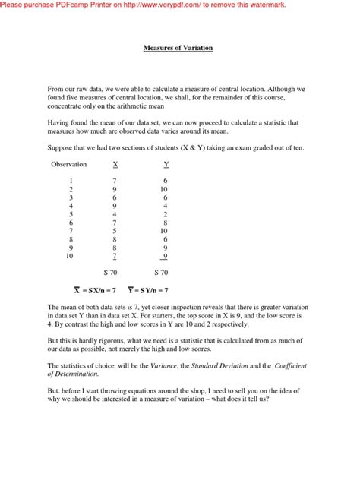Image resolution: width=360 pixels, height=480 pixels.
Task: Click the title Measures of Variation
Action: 178,48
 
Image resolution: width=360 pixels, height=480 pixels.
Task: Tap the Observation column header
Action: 68,164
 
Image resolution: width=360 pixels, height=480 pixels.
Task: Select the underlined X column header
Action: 115,164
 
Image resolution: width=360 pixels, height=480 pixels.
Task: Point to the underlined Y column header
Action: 166,164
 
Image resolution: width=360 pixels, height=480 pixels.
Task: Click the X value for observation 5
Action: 115,214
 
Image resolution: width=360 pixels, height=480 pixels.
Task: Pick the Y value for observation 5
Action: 165,214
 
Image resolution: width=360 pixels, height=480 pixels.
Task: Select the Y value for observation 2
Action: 164,189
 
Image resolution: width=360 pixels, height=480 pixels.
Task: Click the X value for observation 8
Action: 115,239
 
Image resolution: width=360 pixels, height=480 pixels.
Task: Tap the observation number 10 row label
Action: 70,257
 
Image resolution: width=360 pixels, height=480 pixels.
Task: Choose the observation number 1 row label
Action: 71,181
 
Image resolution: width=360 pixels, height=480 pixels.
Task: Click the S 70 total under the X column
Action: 111,273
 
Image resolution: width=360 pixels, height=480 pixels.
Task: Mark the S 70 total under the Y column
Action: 161,273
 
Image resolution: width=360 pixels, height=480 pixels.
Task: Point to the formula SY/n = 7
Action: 147,291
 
